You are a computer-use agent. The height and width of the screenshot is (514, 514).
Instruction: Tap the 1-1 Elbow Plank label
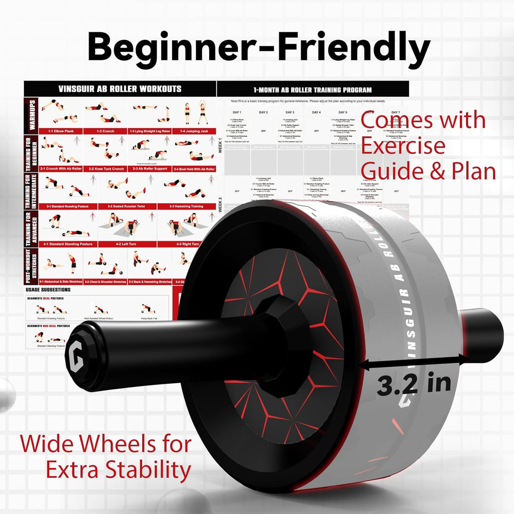click(61, 131)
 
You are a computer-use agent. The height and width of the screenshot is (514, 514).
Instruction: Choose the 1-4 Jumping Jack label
click(194, 131)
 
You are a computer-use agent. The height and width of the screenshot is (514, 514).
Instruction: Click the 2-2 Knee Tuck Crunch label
click(106, 169)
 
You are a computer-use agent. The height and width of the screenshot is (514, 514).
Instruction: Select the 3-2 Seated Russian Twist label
click(126, 206)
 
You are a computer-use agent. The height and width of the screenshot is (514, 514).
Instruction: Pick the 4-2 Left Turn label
click(126, 244)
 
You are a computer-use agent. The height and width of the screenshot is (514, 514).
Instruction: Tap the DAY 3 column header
click(290, 112)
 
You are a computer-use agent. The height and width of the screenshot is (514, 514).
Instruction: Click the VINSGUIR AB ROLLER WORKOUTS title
click(120, 89)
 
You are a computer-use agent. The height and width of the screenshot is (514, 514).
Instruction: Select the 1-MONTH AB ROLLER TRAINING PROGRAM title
click(312, 90)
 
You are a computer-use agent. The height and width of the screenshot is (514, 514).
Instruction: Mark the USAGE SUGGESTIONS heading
click(48, 290)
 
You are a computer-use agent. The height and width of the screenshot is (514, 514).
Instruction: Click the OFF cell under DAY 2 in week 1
click(263, 131)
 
